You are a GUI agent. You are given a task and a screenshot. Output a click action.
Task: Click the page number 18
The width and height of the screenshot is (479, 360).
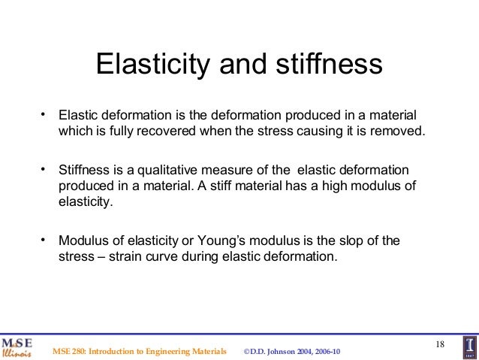(440, 344)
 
